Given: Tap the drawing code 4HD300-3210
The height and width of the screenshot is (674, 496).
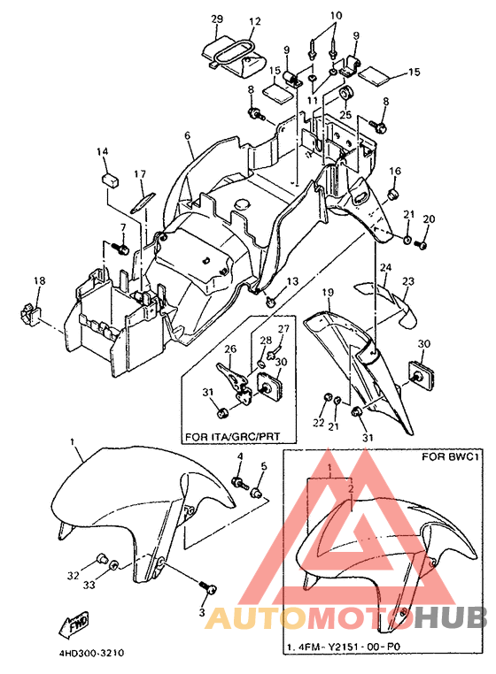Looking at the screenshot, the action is pos(91,654).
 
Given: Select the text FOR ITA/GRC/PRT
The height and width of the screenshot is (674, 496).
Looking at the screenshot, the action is pos(232,436).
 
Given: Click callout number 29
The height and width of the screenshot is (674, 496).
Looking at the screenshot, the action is pos(217,19).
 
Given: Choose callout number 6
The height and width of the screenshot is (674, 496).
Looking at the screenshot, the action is pos(187,135).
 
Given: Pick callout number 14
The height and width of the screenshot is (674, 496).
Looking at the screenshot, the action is pos(102,152).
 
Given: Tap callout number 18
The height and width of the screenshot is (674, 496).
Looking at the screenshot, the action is pos(39,280).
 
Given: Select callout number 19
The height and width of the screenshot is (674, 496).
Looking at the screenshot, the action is pos(328,293).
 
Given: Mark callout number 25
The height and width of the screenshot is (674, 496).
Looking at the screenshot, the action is pos(345,115).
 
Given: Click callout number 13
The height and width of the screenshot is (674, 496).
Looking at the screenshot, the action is pos(292,281).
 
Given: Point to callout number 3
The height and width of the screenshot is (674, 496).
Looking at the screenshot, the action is pos(202,612).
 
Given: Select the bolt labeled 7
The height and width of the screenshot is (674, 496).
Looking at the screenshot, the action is pos(120,248).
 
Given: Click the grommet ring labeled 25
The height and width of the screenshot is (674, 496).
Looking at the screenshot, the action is pos(345,93).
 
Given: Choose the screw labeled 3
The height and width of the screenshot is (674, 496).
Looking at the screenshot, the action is pos(208,587).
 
